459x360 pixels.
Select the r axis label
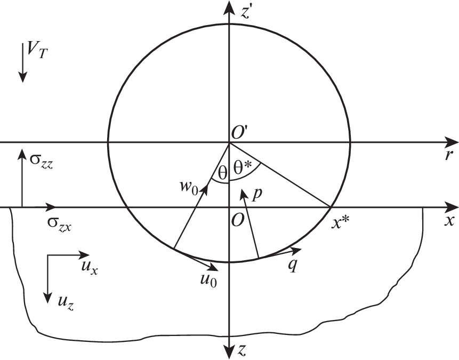(x=448, y=155)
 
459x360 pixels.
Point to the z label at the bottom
(x=243, y=350)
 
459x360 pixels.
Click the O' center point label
(x=240, y=133)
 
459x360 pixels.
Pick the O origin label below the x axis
(x=237, y=220)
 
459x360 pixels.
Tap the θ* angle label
(x=243, y=168)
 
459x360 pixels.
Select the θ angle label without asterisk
(x=222, y=173)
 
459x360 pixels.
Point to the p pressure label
(x=256, y=195)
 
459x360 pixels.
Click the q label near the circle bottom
(x=293, y=266)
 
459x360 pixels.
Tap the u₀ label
(x=209, y=281)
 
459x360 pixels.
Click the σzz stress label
(x=41, y=162)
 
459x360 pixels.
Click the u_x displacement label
(x=90, y=267)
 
